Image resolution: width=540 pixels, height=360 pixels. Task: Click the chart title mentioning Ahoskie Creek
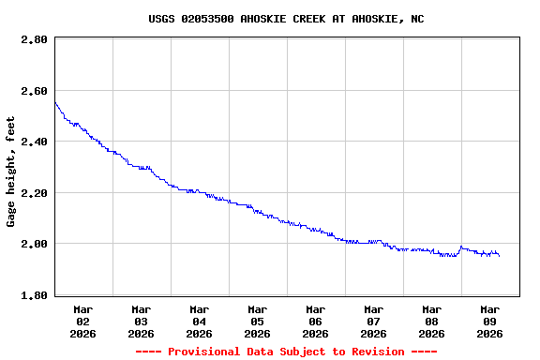(x=286, y=19)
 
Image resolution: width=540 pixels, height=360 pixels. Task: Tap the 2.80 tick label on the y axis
(x=34, y=40)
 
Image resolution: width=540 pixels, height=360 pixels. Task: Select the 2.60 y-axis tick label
(x=34, y=91)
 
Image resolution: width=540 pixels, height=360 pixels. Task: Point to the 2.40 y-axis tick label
(x=34, y=142)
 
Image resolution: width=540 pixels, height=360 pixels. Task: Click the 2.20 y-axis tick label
(x=34, y=193)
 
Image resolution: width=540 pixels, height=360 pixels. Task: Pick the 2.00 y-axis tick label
(x=34, y=244)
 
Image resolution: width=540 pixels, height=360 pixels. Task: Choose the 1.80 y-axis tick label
(x=34, y=295)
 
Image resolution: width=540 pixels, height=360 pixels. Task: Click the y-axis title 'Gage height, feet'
(x=11, y=172)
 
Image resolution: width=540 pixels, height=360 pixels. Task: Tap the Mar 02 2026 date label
(x=83, y=321)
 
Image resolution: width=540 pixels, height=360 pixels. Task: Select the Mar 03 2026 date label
(x=142, y=321)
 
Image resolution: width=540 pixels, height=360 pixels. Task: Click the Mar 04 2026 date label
(x=200, y=321)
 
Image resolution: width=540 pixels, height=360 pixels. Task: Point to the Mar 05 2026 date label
(x=258, y=321)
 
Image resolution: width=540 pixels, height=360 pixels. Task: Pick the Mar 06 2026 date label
(x=316, y=321)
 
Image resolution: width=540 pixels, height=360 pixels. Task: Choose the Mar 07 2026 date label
(x=374, y=321)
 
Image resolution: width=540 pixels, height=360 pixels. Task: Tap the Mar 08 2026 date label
(x=432, y=321)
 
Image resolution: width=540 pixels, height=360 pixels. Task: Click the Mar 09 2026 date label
(x=490, y=321)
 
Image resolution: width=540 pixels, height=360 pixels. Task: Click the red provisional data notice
(x=286, y=352)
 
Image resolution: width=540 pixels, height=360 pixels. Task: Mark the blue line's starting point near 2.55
(x=55, y=103)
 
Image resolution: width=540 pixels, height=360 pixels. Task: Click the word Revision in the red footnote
(x=374, y=352)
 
